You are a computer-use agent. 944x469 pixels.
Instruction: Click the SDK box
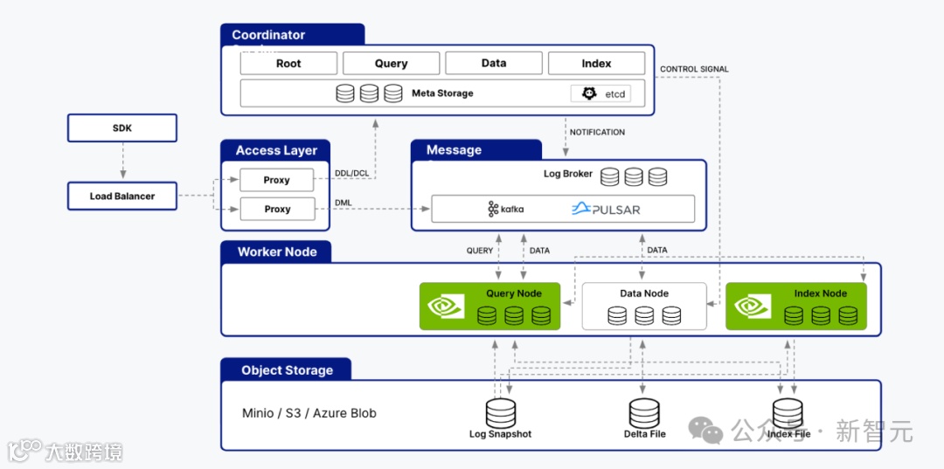[x=122, y=128]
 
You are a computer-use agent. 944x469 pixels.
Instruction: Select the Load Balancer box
[x=122, y=197]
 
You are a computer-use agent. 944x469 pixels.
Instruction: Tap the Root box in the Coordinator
[x=288, y=64]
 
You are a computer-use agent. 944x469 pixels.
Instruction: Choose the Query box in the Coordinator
[x=391, y=64]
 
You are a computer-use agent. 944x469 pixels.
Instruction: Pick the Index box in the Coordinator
[x=596, y=64]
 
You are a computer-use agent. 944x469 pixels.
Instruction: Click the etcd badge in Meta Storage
[x=600, y=93]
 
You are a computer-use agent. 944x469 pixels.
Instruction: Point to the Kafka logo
[x=506, y=210]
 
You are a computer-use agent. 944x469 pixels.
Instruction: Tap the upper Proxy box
[x=277, y=180]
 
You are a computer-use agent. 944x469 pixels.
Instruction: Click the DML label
[x=344, y=203]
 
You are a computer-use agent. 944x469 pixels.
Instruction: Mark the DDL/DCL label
[x=351, y=173]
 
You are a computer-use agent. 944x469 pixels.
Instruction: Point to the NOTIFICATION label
[x=598, y=133]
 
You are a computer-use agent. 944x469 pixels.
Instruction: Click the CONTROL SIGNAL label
[x=694, y=69]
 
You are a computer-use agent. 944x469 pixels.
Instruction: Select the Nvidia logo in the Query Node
[x=446, y=307]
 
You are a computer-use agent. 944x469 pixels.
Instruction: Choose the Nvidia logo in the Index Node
[x=753, y=307]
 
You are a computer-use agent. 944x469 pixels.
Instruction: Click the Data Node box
[x=644, y=306]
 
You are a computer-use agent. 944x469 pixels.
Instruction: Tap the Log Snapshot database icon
[x=501, y=412]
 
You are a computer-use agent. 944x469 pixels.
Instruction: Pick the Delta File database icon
[x=644, y=412]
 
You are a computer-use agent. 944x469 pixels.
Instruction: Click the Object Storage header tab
[x=287, y=370]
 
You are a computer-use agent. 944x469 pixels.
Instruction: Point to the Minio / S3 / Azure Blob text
[x=309, y=413]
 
